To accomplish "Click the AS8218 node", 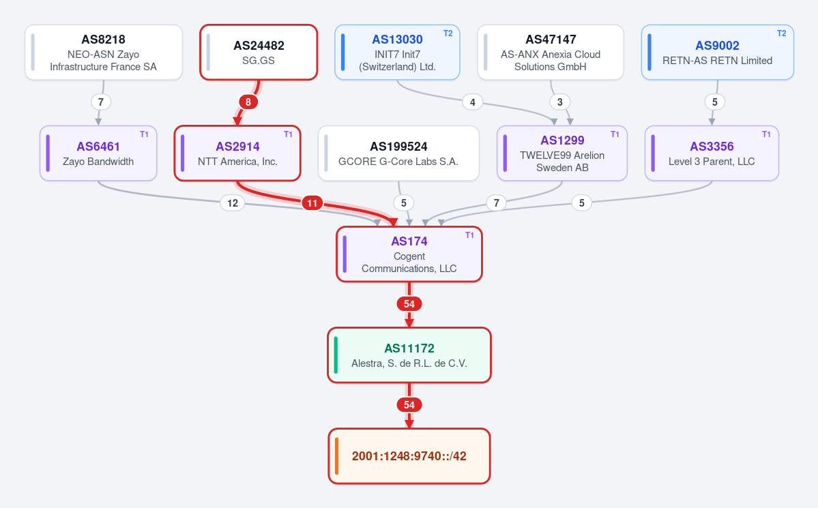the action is (x=103, y=52).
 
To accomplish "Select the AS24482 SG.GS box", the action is (x=259, y=52).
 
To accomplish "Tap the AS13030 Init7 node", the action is (x=397, y=52).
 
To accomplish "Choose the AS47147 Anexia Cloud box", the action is (x=551, y=52).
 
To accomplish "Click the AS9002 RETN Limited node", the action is (x=717, y=52).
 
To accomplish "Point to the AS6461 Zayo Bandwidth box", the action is (x=98, y=153).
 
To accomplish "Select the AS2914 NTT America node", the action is (x=237, y=153).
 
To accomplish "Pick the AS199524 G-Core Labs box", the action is (x=398, y=153).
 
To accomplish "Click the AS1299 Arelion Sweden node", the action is (x=562, y=153).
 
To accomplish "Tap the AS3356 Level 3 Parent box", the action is (x=712, y=153).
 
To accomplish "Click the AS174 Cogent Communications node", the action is (x=409, y=254).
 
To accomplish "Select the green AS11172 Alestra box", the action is (x=409, y=355).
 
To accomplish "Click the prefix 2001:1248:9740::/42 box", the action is (x=409, y=456).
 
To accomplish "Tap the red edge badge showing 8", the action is (x=248, y=102).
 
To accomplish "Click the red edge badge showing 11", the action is (x=312, y=203).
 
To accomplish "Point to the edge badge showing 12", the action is (x=233, y=203).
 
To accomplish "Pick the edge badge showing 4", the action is (x=473, y=102).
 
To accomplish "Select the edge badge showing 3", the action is (x=559, y=102).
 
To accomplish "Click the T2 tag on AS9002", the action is (x=781, y=33).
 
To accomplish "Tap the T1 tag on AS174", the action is (x=469, y=235).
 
